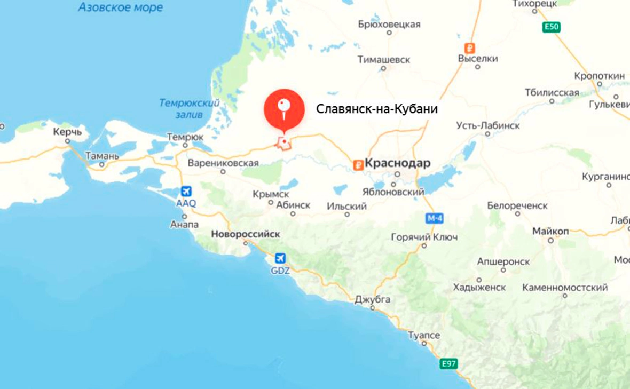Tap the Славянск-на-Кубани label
(377, 109)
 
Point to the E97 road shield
(449, 364)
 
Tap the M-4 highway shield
(435, 218)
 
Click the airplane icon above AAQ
(186, 191)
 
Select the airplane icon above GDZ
(280, 258)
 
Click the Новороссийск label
(246, 234)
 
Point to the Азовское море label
(121, 7)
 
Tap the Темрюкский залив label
(190, 108)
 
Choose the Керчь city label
(67, 131)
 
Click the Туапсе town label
(424, 335)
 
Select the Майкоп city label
(550, 231)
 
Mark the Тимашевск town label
(384, 60)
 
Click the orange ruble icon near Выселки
(470, 47)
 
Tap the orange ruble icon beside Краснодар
(358, 165)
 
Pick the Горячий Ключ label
(424, 237)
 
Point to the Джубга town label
(373, 299)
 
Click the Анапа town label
(185, 225)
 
